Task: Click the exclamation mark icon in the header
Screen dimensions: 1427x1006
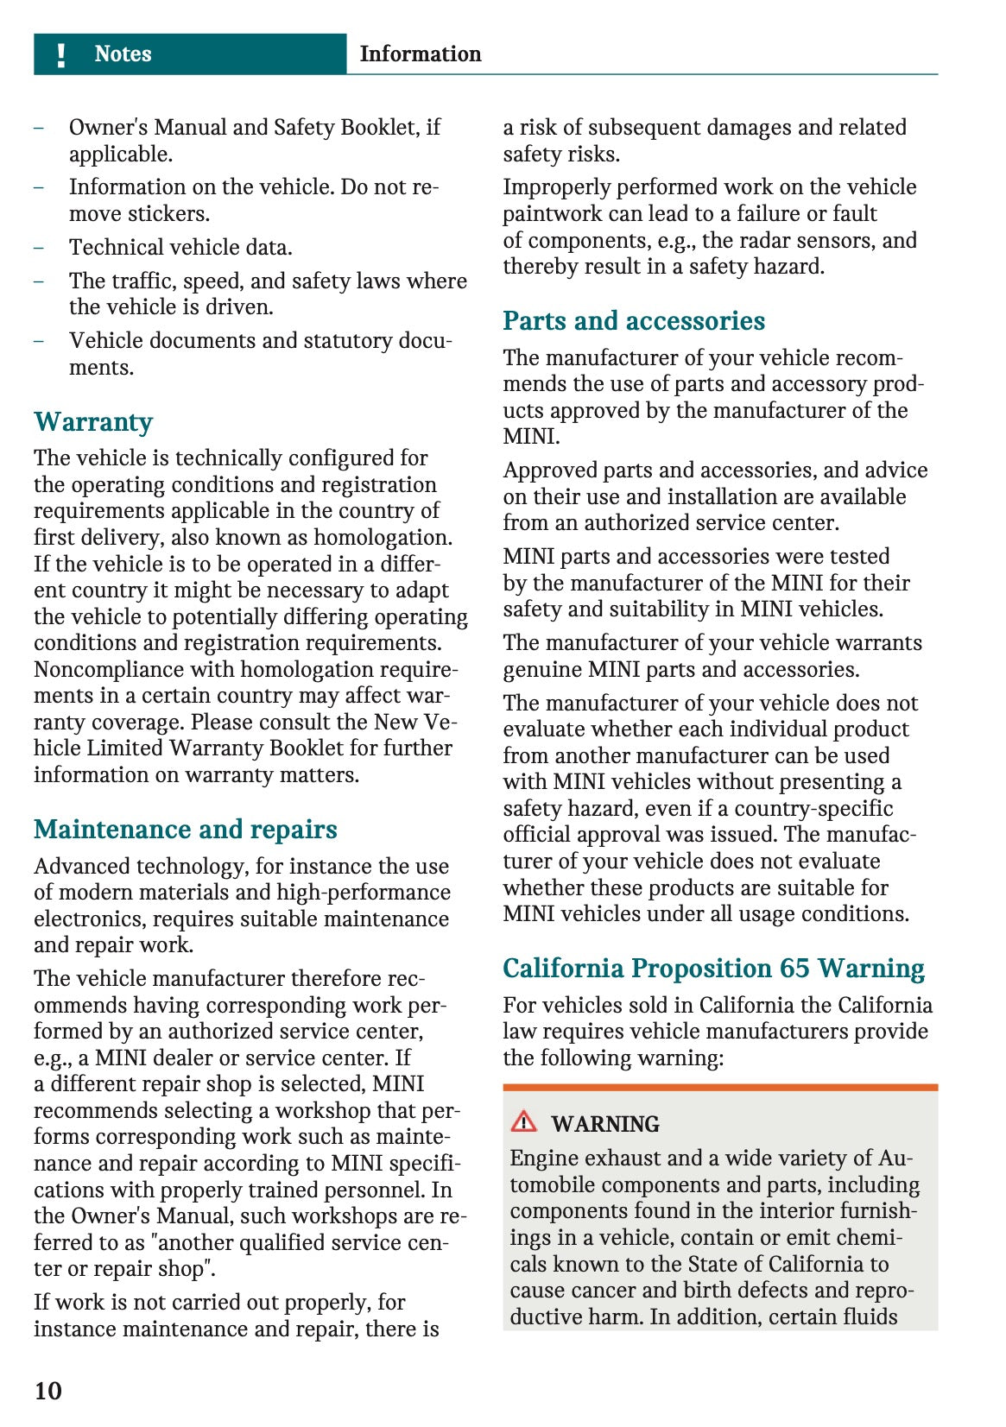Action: tap(60, 54)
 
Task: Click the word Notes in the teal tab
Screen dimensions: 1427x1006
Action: tap(123, 54)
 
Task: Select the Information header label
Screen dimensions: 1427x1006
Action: tap(420, 54)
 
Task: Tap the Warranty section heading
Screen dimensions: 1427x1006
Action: tap(93, 422)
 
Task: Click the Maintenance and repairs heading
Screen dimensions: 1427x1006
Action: tap(186, 829)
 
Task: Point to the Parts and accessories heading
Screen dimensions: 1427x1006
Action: tap(634, 320)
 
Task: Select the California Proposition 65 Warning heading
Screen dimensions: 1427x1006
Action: tap(713, 968)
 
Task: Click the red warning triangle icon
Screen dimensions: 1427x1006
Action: tap(523, 1121)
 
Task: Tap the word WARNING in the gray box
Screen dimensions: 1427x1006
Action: tap(605, 1124)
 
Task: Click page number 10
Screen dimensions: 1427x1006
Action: tap(48, 1390)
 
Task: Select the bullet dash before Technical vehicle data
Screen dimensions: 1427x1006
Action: tap(39, 248)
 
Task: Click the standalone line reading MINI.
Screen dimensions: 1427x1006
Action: tap(531, 436)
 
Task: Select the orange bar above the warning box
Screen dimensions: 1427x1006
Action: tap(720, 1088)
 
